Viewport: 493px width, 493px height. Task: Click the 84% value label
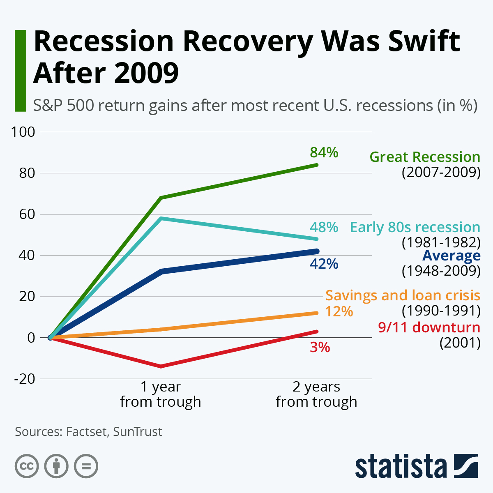tap(324, 152)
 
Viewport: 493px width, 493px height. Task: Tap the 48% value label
tap(324, 227)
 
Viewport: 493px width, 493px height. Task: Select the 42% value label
tap(324, 264)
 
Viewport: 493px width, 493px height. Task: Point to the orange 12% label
tap(339, 311)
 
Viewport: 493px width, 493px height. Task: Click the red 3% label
tap(320, 348)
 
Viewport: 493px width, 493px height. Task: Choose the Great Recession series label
tap(425, 157)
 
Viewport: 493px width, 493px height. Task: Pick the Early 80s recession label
tap(415, 227)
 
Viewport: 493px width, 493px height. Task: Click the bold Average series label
tap(451, 256)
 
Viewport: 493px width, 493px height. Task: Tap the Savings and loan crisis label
tap(403, 295)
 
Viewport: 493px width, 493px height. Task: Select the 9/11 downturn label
tap(429, 327)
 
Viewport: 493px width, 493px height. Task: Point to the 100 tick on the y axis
tap(23, 132)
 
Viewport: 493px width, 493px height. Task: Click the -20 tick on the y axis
tap(25, 378)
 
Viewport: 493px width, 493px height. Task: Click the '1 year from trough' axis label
tap(161, 394)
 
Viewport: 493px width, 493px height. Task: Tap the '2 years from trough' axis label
tap(316, 394)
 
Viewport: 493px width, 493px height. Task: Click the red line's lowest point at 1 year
tap(161, 366)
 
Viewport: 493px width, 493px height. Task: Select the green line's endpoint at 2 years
tap(316, 165)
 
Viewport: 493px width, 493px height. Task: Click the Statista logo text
tap(401, 466)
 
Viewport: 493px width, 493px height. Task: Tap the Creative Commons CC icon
tap(27, 466)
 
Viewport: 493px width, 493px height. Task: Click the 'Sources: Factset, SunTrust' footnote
tap(88, 432)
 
